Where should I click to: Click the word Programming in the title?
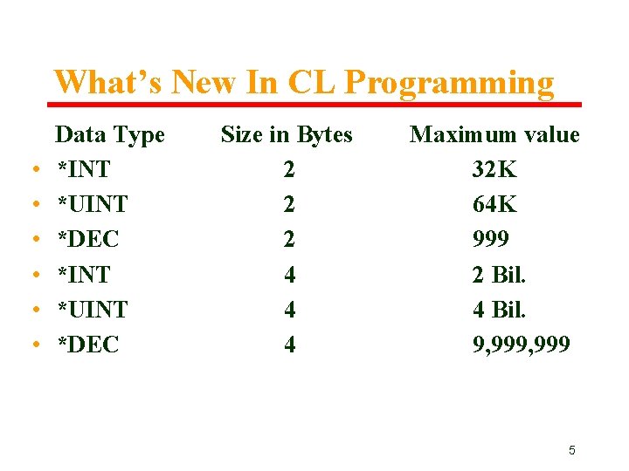(449, 84)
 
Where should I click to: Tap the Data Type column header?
(110, 135)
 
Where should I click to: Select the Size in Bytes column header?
(287, 135)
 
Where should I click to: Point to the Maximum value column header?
(494, 135)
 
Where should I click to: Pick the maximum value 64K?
(494, 205)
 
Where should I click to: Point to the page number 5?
(572, 451)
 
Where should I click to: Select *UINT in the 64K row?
(92, 205)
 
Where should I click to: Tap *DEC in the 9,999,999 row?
(87, 345)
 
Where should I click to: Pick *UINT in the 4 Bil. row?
(92, 310)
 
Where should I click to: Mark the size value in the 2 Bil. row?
(289, 275)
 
